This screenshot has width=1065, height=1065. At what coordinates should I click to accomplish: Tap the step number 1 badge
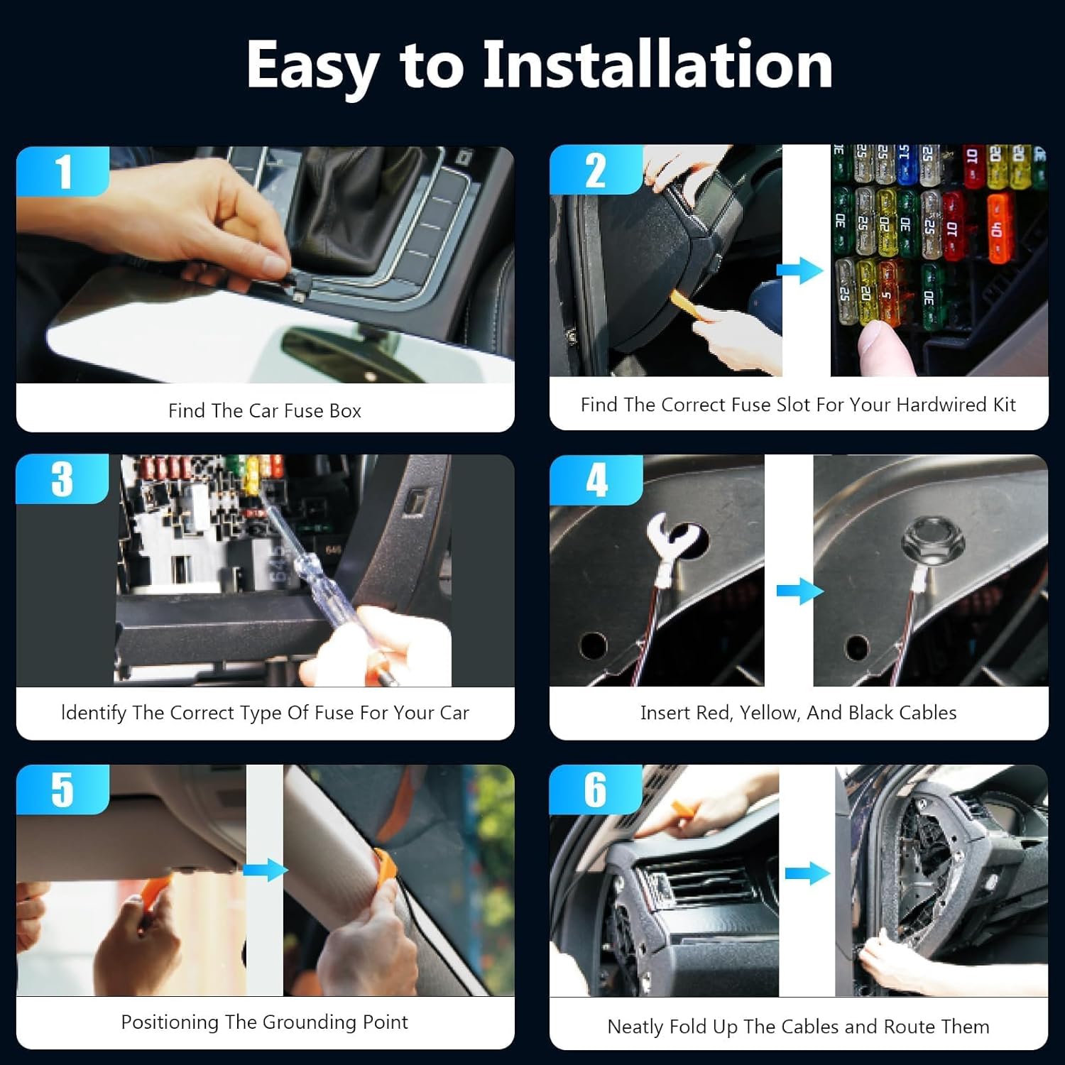pos(62,171)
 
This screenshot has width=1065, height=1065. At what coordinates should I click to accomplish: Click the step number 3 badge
pos(62,479)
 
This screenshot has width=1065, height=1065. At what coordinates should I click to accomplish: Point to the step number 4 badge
pos(596,480)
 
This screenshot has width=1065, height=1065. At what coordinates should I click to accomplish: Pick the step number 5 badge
pos(62,790)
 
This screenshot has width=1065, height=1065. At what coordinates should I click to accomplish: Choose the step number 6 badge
pos(596,790)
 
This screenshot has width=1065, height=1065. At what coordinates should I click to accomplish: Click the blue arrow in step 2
pos(799,271)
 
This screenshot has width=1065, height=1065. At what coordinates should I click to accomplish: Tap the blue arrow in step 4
pos(800,591)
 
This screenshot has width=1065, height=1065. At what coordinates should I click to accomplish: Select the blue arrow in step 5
pos(266,870)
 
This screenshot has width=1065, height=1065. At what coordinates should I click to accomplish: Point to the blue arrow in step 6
pos(808,873)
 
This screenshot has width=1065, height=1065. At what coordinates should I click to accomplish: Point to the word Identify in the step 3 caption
pos(94,714)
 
